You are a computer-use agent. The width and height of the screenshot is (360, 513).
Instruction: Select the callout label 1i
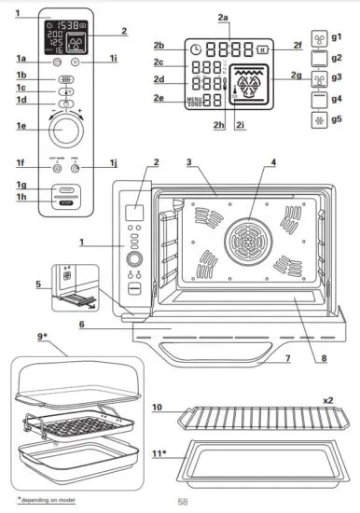(112, 59)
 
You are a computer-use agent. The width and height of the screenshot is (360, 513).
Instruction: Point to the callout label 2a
(222, 17)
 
